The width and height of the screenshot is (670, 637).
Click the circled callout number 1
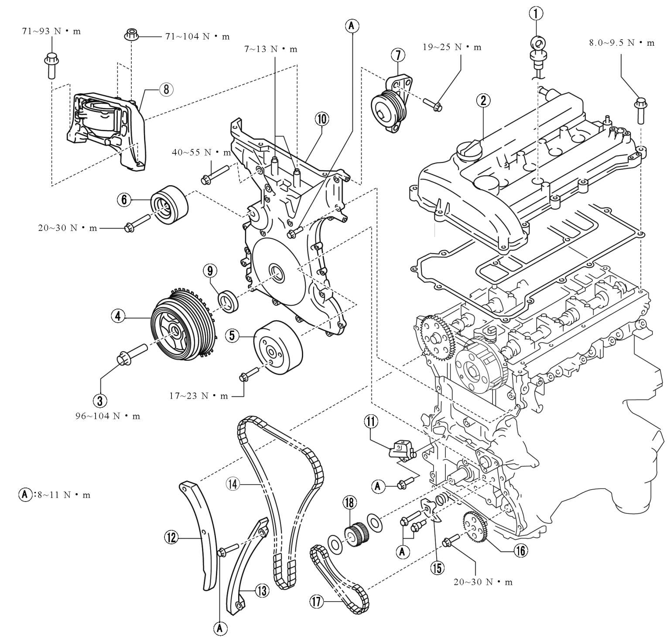pos(536,14)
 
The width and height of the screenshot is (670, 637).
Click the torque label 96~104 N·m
pos(108,416)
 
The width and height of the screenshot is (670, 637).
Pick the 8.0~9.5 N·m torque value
pos(622,43)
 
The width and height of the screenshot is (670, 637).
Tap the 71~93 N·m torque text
pos(51,31)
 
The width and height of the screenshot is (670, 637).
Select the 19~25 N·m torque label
pos(452,47)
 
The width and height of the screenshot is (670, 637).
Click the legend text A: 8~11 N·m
pos(55,495)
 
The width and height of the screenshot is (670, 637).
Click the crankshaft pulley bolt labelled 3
pos(130,353)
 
